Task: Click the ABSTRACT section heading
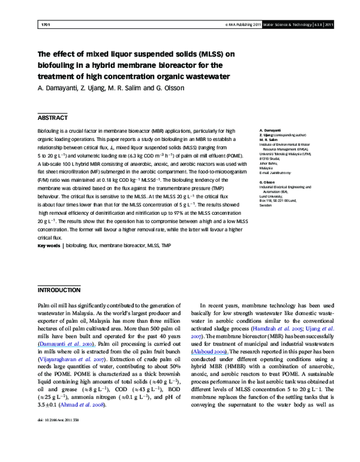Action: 52,118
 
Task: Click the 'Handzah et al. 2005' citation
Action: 268,329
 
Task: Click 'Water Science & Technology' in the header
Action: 282,25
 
